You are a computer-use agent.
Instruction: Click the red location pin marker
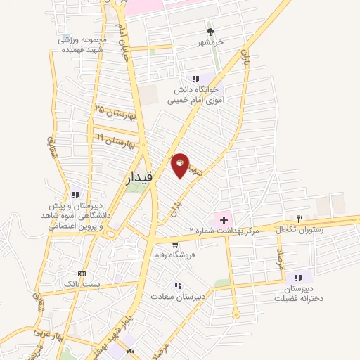pyautogui.click(x=181, y=165)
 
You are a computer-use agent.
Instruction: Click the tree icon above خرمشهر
pyautogui.click(x=210, y=32)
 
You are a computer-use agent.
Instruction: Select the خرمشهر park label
pyautogui.click(x=210, y=42)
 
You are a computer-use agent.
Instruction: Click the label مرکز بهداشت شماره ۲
pyautogui.click(x=224, y=231)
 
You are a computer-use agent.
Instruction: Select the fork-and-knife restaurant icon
pyautogui.click(x=300, y=219)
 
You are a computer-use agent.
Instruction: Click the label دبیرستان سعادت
pyautogui.click(x=180, y=296)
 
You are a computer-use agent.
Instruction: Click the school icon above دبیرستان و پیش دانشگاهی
pyautogui.click(x=75, y=195)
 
